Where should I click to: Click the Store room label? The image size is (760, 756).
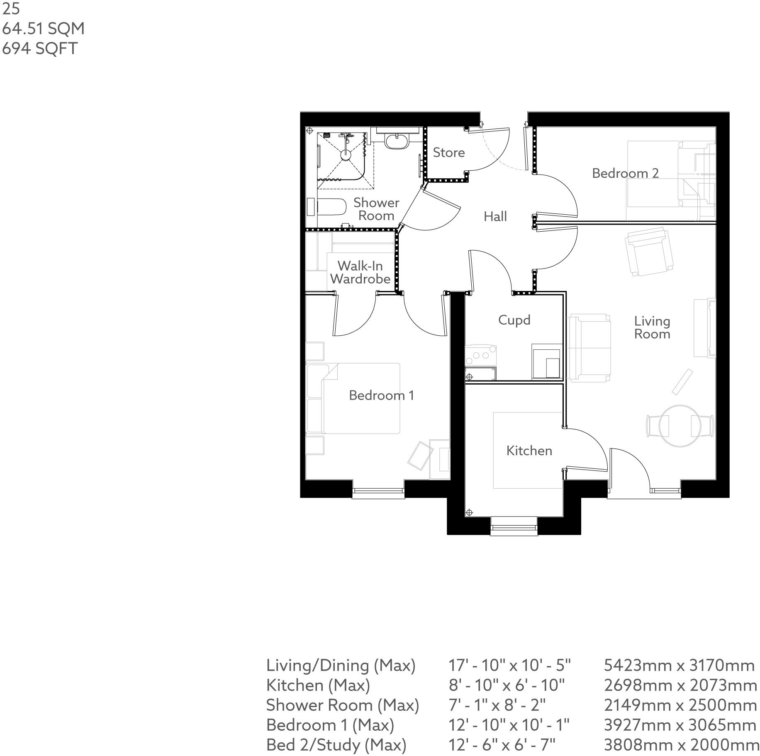(x=448, y=153)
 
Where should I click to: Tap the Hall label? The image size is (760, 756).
(x=495, y=216)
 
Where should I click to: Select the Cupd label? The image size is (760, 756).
(x=514, y=320)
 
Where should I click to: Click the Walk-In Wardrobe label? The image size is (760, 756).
(x=360, y=272)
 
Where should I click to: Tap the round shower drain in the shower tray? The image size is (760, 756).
(x=346, y=155)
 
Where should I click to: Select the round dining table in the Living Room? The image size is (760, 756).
(x=680, y=426)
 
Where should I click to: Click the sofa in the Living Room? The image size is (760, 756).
(x=589, y=347)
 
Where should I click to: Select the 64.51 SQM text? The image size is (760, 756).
(x=43, y=29)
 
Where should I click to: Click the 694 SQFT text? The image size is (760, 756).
(x=40, y=48)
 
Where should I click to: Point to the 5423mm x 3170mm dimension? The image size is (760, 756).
(x=679, y=665)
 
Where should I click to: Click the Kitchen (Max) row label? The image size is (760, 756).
(x=318, y=685)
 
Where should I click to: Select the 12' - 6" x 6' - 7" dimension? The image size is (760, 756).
(x=502, y=745)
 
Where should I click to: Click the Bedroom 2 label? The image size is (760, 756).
(x=625, y=173)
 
